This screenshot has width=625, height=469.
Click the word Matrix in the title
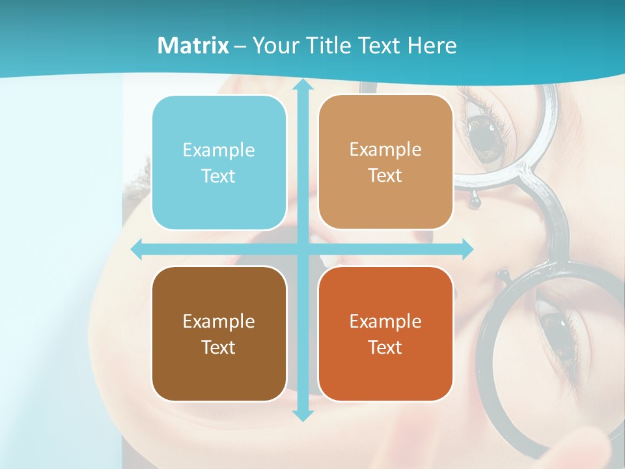coord(193,46)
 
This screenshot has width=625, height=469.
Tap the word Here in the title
coord(432,46)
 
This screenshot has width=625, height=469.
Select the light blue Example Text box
coord(219,163)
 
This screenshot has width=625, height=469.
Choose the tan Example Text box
coord(385,162)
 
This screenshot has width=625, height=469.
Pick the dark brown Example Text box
coord(219,334)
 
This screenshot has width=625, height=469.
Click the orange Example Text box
coord(385,334)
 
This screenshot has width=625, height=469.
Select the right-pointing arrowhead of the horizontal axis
coord(467,249)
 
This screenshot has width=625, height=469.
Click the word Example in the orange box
coord(385,321)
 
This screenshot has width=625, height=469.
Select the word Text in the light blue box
coord(219,177)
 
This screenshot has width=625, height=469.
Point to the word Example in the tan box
coord(385,149)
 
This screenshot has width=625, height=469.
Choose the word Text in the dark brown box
coord(219,347)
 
